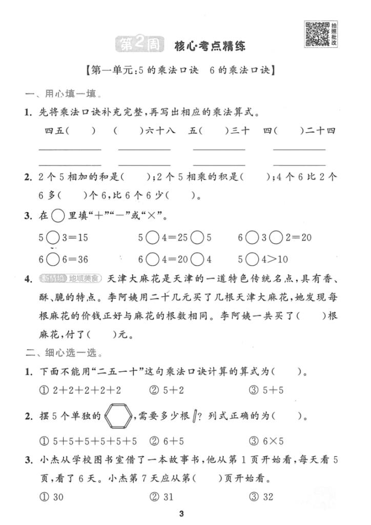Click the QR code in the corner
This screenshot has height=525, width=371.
317,34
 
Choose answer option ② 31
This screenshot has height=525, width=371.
164,496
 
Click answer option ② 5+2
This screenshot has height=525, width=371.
167,390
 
